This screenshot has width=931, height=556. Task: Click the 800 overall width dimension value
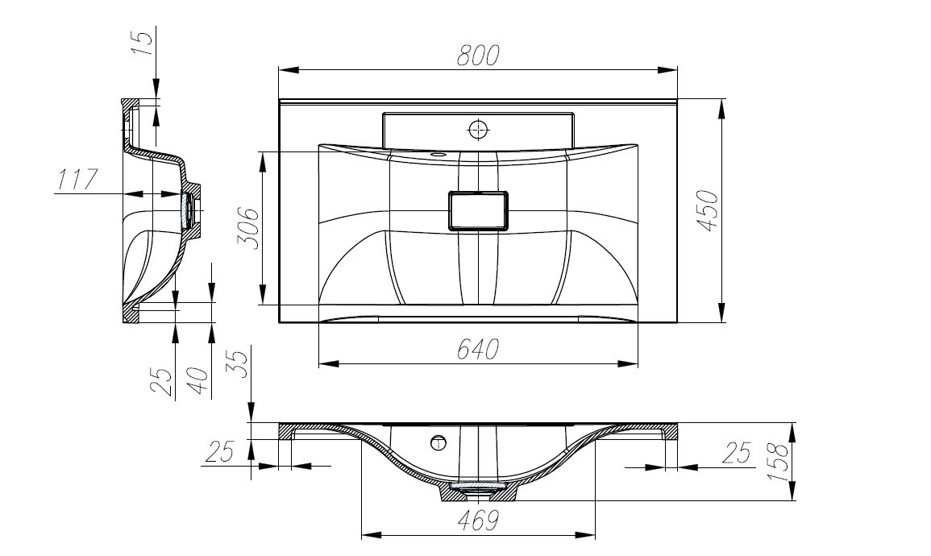pos(478,55)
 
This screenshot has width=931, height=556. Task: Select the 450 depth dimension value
pos(707,210)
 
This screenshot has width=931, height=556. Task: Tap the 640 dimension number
pos(477,350)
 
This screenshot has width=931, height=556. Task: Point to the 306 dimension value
pos(247,229)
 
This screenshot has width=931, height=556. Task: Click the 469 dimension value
pos(478,521)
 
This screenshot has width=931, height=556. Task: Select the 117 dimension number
pos(77,179)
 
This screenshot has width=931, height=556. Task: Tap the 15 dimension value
pos(142,42)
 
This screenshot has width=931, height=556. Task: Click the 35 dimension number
pos(238,364)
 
